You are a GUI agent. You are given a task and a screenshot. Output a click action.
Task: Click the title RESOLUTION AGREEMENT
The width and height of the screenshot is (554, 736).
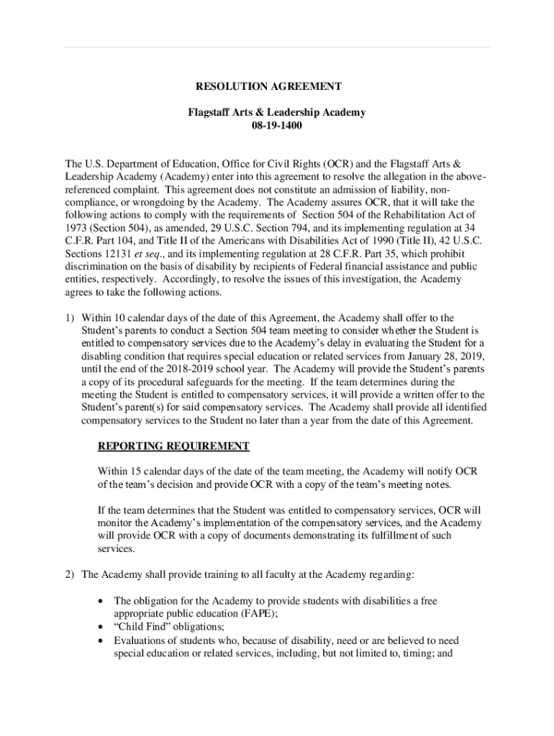[x=268, y=86]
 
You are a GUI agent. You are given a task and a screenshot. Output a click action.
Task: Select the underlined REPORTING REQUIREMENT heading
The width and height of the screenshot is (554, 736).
[x=173, y=446]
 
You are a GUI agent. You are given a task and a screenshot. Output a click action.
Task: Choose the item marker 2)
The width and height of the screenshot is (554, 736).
[x=69, y=574]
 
